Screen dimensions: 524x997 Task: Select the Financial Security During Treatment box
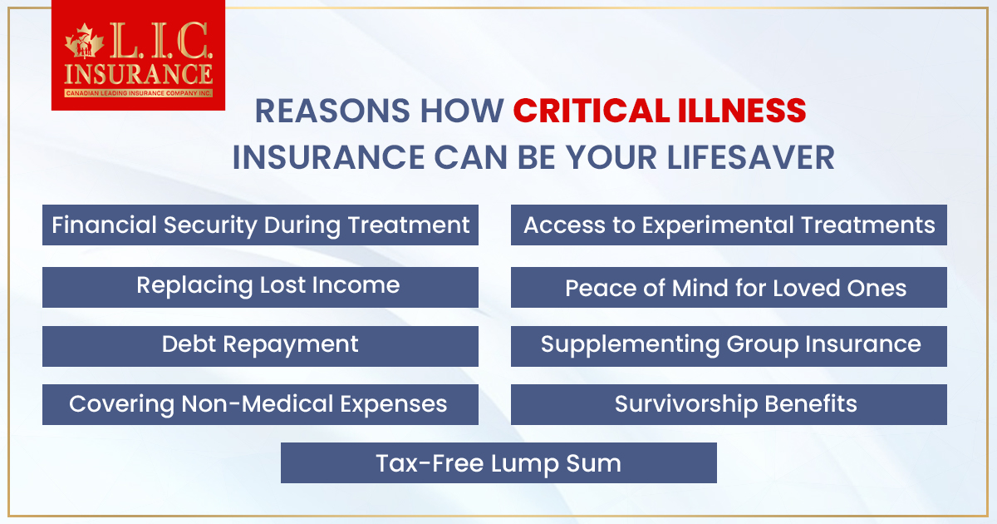(260, 225)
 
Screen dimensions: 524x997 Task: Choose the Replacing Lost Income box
(260, 286)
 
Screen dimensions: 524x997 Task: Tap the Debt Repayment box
(260, 345)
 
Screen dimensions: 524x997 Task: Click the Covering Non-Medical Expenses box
(260, 404)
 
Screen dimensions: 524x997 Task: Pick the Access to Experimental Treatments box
(729, 225)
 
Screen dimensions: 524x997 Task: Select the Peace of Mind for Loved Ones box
(729, 288)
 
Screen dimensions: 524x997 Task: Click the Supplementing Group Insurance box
(729, 345)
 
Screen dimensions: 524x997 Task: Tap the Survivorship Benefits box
(729, 404)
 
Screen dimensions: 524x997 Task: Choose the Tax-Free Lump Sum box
(498, 462)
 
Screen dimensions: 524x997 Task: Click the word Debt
(189, 345)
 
